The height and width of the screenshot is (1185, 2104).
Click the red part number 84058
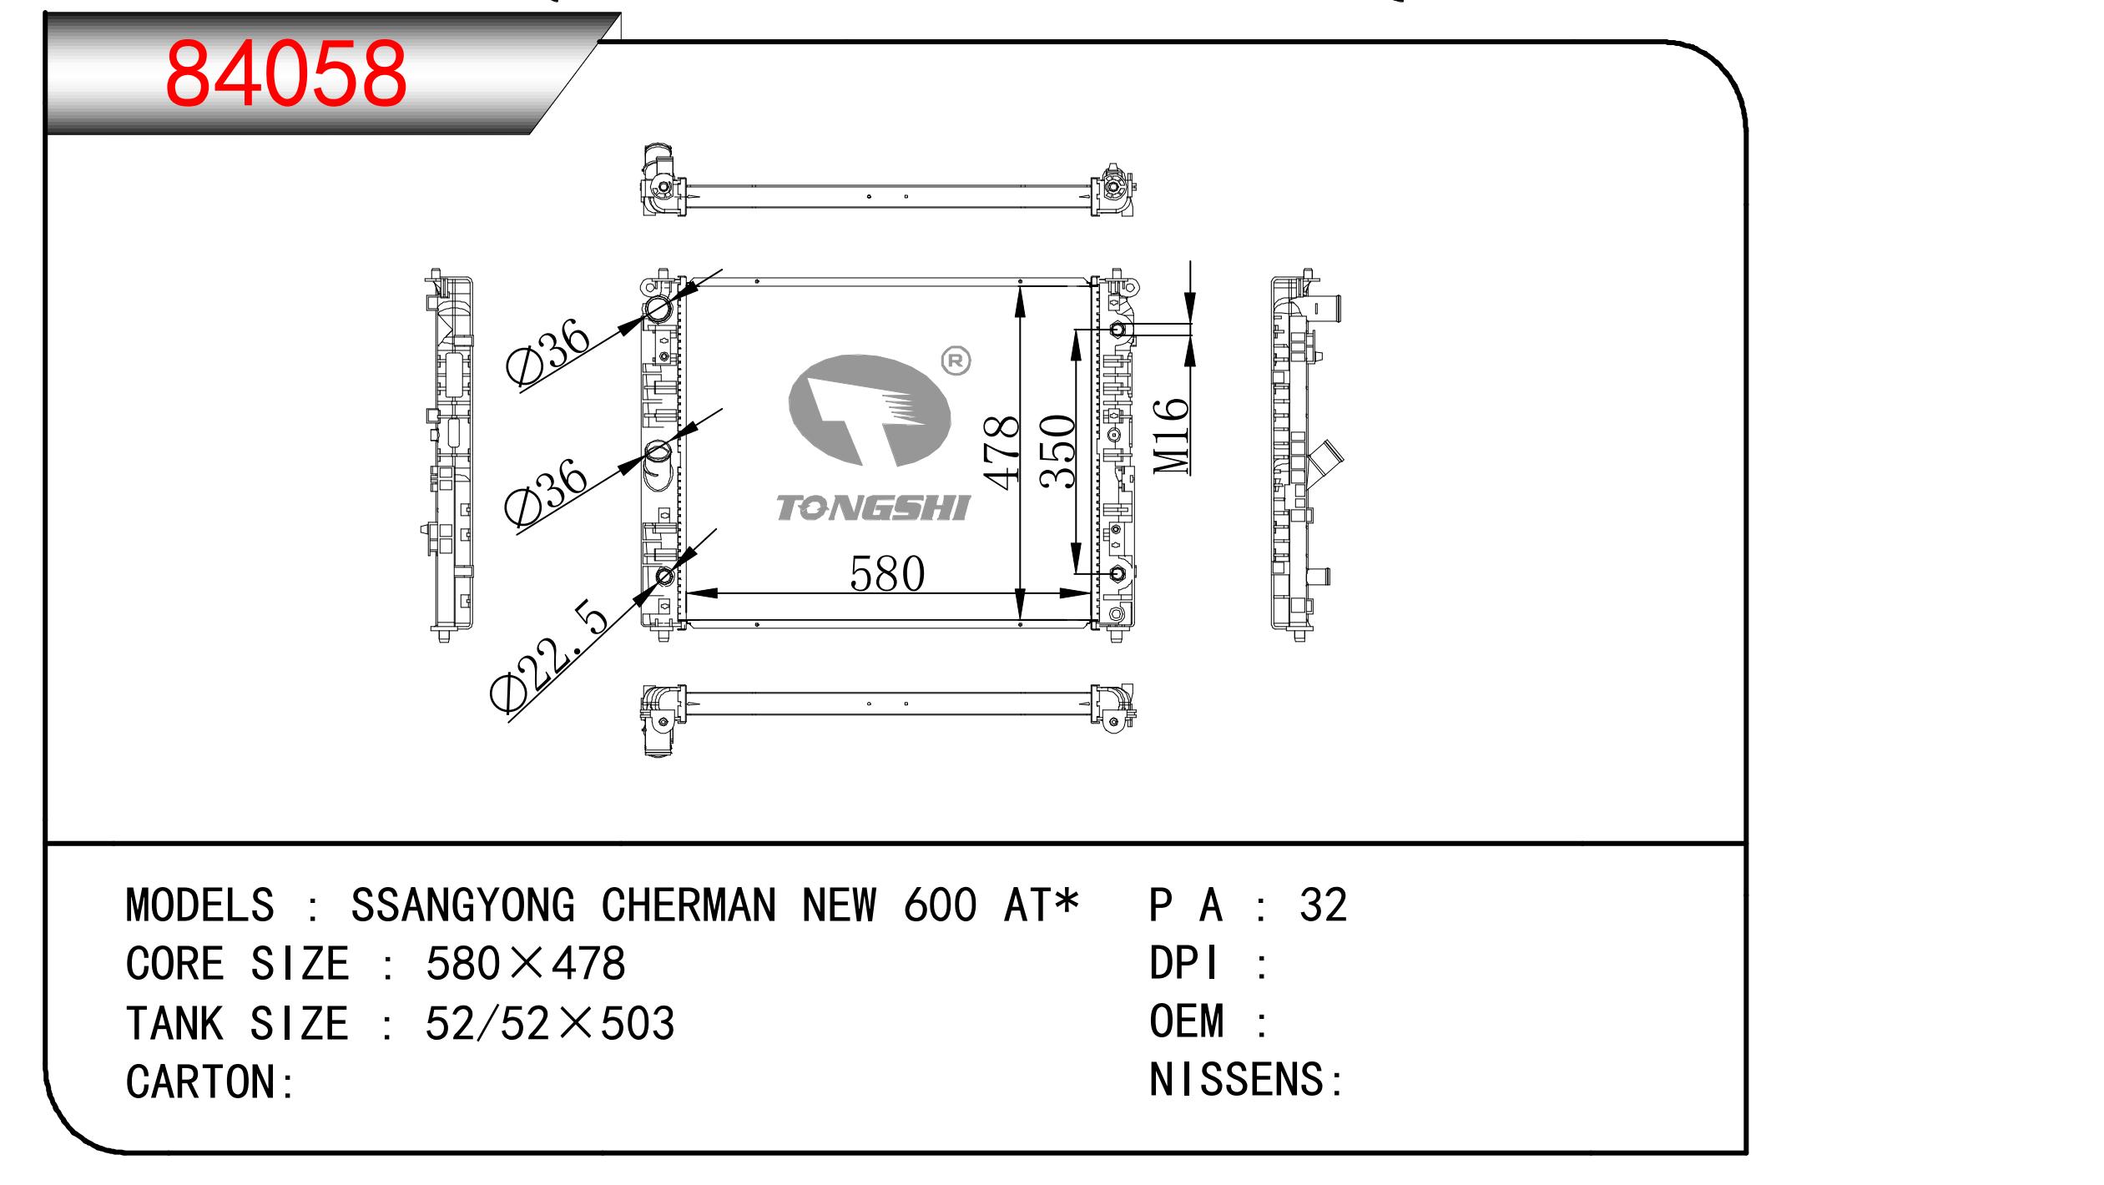tap(286, 74)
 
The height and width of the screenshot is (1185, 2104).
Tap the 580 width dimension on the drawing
tap(887, 573)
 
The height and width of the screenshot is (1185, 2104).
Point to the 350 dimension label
tap(1058, 451)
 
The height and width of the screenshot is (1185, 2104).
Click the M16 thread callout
tap(1171, 435)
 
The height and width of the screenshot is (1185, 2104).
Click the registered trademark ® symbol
tap(956, 361)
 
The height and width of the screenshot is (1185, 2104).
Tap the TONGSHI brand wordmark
tap(873, 507)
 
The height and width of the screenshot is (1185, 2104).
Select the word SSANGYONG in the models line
tap(463, 905)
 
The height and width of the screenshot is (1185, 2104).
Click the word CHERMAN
tap(689, 905)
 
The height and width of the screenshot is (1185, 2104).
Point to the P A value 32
tap(1323, 905)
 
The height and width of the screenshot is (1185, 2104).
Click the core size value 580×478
tap(525, 964)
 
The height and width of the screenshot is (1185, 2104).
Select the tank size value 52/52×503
tap(549, 1023)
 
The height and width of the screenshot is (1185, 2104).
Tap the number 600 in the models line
tap(940, 905)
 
